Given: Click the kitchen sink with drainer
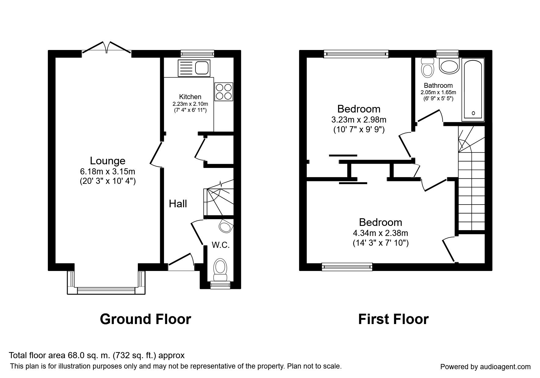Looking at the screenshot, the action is coord(194,68).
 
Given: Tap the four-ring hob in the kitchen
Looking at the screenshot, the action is coord(224,92).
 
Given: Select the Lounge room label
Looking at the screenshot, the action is coord(108,161).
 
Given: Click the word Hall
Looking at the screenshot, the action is coord(178,204).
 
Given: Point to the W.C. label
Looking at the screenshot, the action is coord(221,245).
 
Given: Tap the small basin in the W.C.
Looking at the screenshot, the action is coord(226,227).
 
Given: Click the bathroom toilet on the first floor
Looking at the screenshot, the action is coord(427,67).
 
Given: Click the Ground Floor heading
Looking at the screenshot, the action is coord(145,319).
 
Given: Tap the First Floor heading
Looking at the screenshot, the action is coord(393,319).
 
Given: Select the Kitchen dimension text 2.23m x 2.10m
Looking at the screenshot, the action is coord(190,104).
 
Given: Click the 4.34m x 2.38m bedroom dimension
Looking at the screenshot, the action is coord(381,233).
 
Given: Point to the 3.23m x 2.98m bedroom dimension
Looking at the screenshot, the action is coord(359,119).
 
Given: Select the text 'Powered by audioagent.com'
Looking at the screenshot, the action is coord(485,367).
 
